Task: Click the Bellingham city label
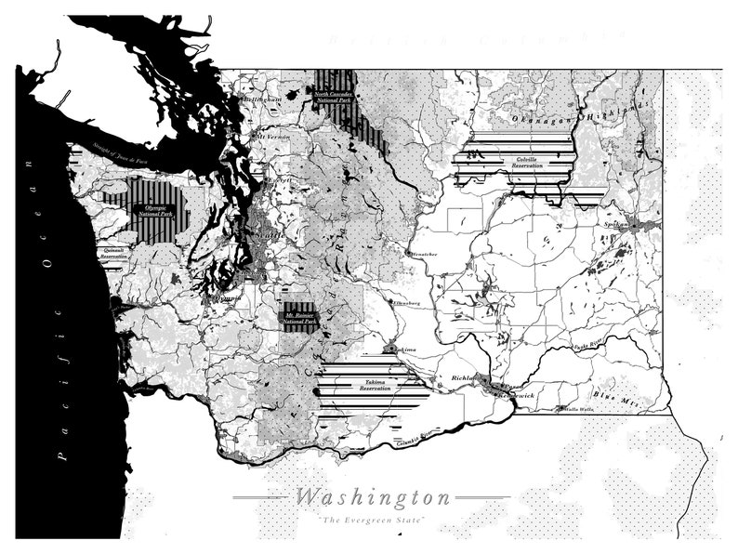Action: (263, 99)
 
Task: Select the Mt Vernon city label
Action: (275, 137)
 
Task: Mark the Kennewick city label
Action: (518, 395)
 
